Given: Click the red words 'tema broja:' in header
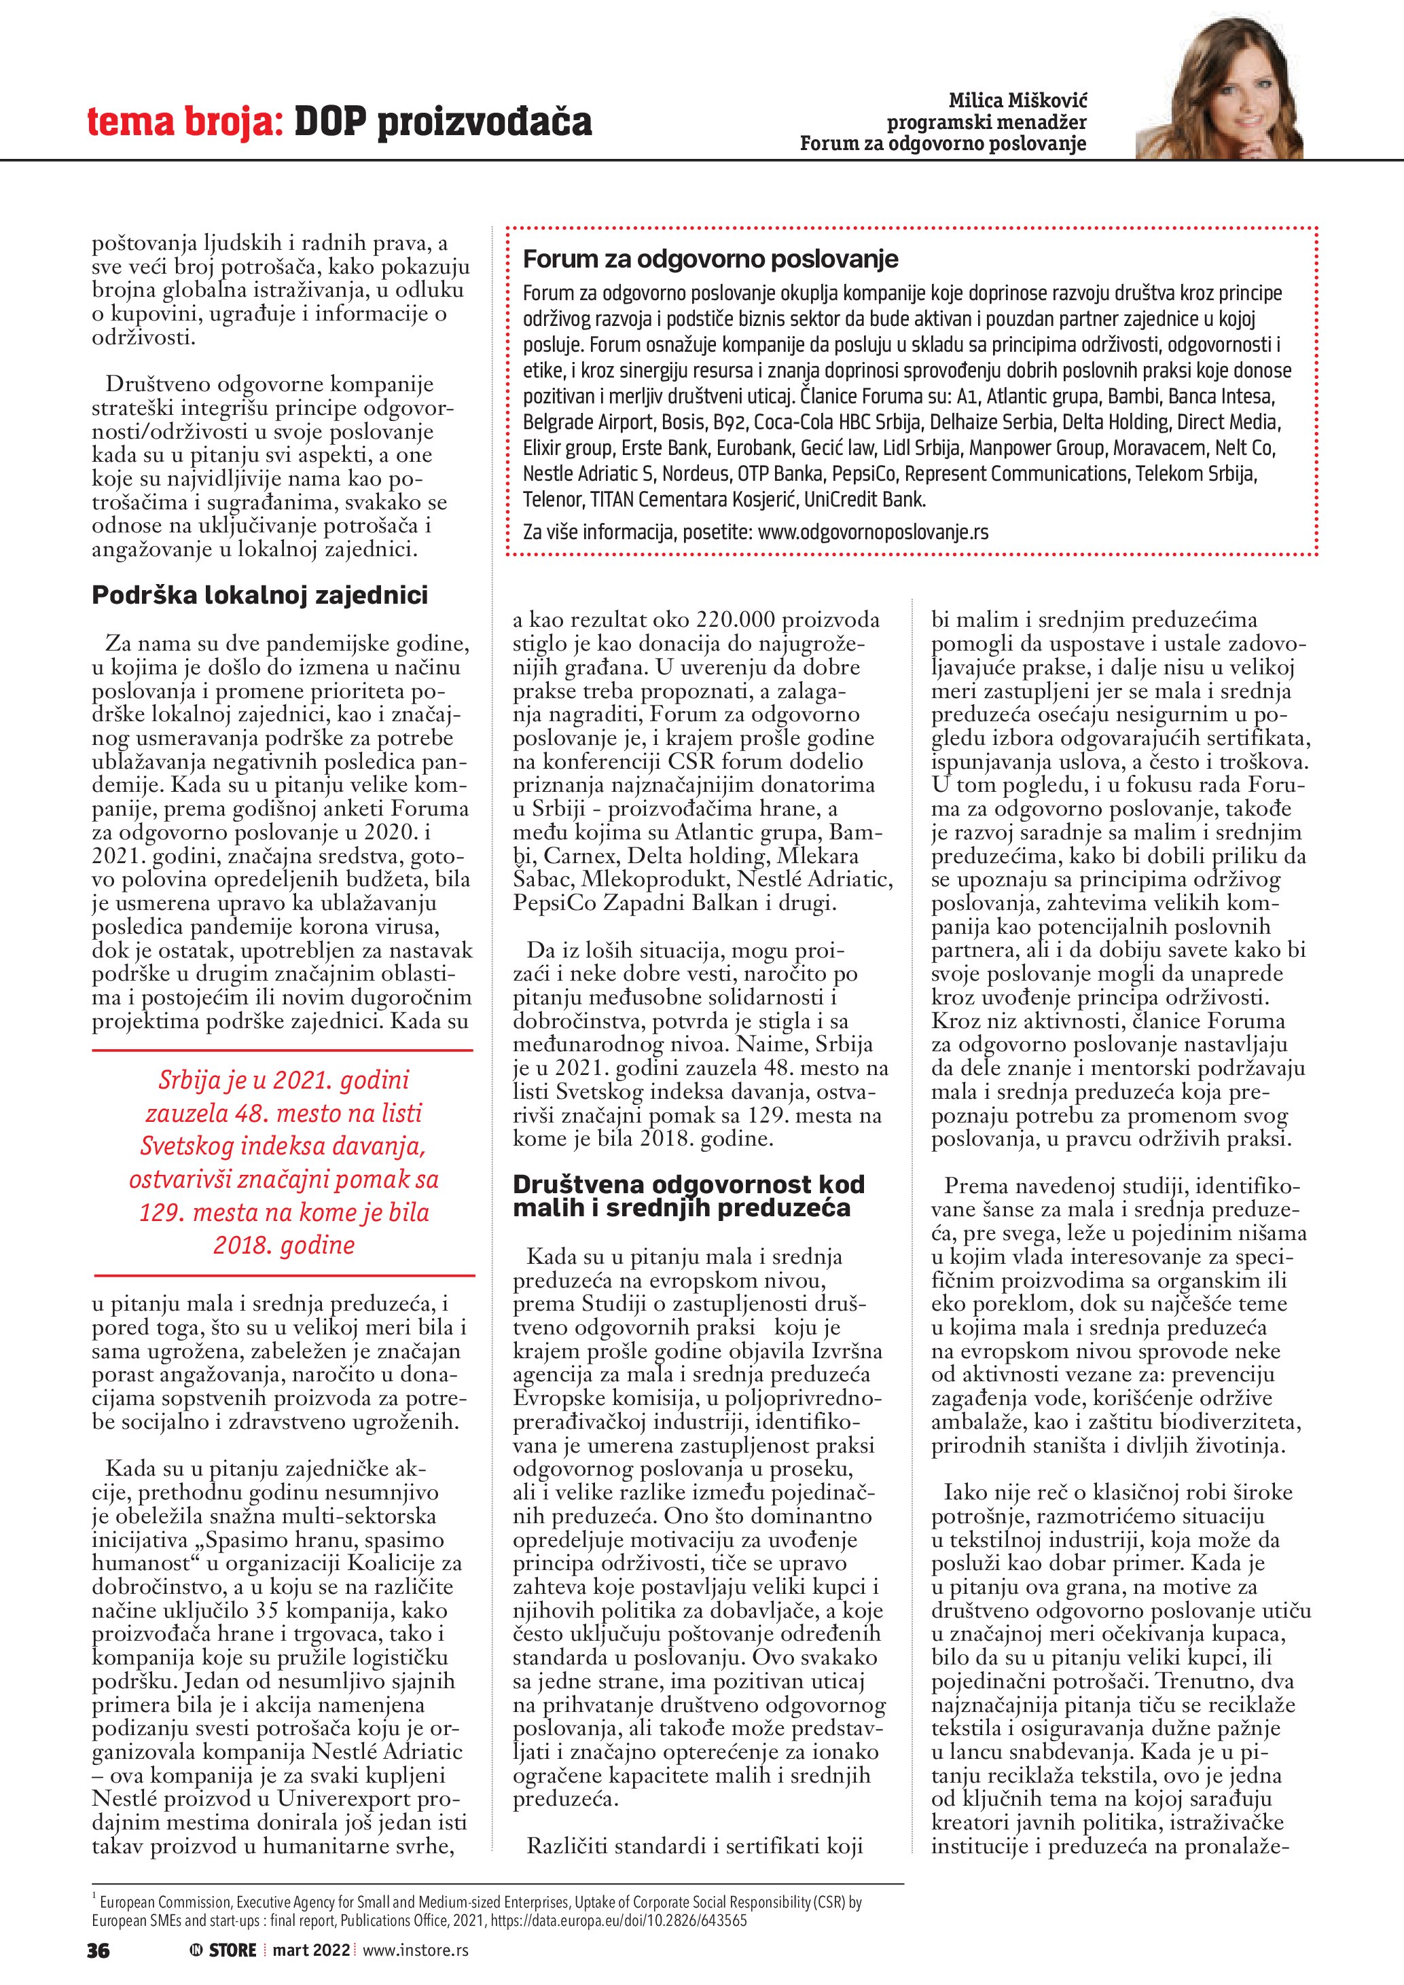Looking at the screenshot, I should tap(185, 123).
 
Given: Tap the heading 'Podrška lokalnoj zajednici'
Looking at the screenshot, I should tap(259, 595).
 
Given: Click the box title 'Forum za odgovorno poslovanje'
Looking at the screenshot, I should tap(710, 259).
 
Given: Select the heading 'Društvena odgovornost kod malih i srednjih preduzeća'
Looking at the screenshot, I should tap(688, 1196).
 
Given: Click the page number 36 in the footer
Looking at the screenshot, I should tap(98, 1950).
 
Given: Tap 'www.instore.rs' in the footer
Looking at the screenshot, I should tap(416, 1950).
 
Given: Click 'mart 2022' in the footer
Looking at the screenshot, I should tap(311, 1950).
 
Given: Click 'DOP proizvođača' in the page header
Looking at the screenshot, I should tap(443, 123).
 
